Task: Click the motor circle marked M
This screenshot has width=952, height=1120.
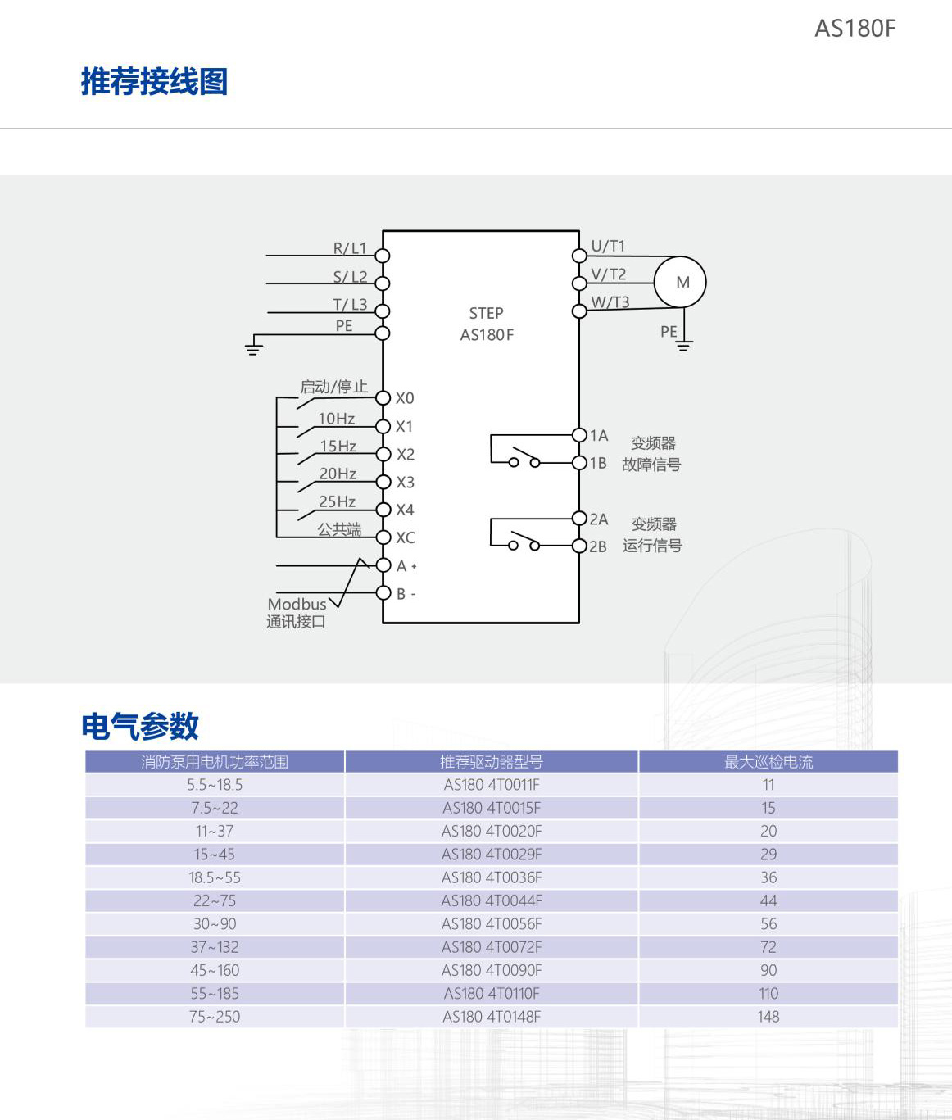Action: click(x=680, y=282)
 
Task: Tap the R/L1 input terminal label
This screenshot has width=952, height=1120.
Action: click(x=350, y=248)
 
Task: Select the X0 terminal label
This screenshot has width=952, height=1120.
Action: click(x=405, y=398)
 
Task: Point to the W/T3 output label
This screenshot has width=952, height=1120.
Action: click(x=610, y=302)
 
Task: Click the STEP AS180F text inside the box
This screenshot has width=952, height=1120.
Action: click(x=487, y=324)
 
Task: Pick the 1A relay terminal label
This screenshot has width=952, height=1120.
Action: click(x=599, y=436)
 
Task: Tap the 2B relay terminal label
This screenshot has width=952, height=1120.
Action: click(x=598, y=546)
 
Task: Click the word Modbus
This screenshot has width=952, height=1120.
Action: click(x=297, y=604)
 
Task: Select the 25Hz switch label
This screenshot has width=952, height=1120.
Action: click(x=337, y=501)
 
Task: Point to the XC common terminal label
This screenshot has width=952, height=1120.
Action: click(x=406, y=538)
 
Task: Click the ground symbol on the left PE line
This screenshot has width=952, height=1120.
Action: click(x=254, y=348)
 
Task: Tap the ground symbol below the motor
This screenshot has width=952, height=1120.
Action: click(x=683, y=345)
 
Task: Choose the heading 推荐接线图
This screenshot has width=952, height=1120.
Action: click(x=154, y=82)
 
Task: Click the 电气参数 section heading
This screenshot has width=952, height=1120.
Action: click(x=140, y=726)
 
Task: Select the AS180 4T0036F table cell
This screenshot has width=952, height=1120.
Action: click(x=492, y=877)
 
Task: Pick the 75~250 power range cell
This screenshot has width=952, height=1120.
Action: click(x=215, y=1017)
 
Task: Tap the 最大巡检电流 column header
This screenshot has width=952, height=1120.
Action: click(x=768, y=762)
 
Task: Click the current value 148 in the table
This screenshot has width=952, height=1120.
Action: click(x=768, y=1017)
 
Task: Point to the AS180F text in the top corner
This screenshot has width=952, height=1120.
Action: click(x=855, y=29)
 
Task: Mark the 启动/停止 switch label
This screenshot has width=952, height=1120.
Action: click(x=333, y=387)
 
